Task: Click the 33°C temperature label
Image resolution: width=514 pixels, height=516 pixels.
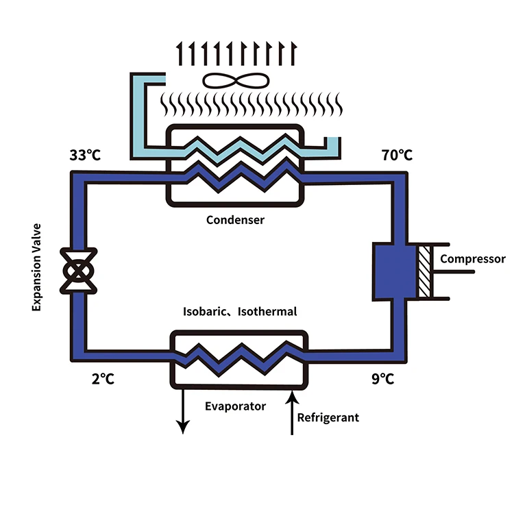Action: [x=85, y=155]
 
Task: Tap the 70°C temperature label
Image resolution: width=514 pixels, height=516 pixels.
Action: [x=397, y=155]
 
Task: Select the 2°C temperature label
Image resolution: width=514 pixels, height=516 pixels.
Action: [x=103, y=379]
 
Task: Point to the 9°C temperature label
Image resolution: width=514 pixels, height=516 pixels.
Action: [x=382, y=379]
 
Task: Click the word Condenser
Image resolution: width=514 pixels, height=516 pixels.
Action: [x=235, y=220]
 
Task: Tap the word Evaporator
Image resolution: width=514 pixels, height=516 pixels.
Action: [x=235, y=406]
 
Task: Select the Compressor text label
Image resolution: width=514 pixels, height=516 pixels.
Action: [x=473, y=259]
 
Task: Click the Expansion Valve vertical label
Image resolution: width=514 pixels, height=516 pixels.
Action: [x=36, y=267]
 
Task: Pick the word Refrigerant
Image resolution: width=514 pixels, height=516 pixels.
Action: [x=328, y=417]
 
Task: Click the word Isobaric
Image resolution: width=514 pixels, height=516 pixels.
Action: [x=204, y=311]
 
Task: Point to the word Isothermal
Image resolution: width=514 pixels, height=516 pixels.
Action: [x=267, y=311]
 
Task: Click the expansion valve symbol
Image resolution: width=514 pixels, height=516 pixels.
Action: [x=78, y=271]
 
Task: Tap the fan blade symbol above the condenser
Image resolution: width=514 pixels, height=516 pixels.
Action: [x=236, y=81]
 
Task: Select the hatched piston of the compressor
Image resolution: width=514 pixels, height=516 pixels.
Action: [x=424, y=271]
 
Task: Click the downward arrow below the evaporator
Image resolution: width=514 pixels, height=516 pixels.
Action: [x=182, y=411]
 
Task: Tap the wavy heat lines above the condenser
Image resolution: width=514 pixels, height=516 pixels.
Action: [x=252, y=104]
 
